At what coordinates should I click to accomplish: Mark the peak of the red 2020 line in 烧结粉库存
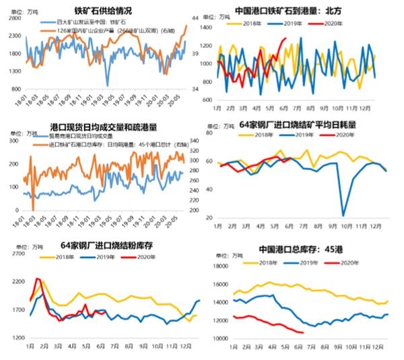pyautogui.click(x=38, y=279)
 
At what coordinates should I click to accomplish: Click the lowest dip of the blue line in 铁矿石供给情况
pyautogui.click(x=107, y=86)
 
